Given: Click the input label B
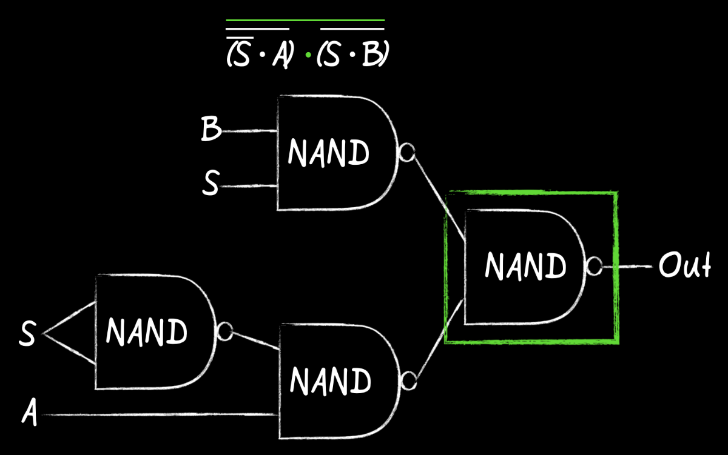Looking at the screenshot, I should click(211, 130).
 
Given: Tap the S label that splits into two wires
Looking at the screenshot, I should click(27, 334).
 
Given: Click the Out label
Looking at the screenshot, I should click(684, 265).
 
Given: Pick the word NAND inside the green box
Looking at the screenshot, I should click(525, 266).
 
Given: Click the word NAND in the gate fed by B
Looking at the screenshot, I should click(328, 152).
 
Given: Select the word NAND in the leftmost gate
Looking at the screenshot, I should click(147, 331).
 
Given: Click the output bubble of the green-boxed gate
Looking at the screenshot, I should click(594, 266).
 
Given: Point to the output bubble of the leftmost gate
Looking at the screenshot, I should click(225, 331).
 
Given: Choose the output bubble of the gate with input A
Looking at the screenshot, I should click(408, 381).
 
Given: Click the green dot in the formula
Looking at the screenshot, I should click(308, 55).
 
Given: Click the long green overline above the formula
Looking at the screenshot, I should click(305, 21).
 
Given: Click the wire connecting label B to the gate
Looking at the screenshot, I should click(249, 130).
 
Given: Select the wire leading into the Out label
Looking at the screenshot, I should click(636, 266).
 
